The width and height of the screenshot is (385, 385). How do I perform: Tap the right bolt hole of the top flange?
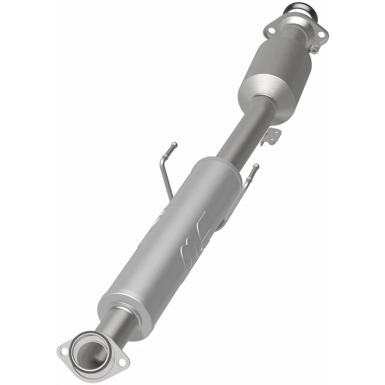pyautogui.click(x=321, y=35)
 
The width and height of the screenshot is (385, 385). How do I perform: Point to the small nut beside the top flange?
pyautogui.click(x=315, y=49)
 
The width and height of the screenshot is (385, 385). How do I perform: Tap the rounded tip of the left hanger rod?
pyautogui.click(x=174, y=144)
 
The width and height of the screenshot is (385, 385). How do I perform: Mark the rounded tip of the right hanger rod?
pyautogui.click(x=256, y=166)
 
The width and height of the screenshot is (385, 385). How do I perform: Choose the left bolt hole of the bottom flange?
pyautogui.click(x=64, y=352)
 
